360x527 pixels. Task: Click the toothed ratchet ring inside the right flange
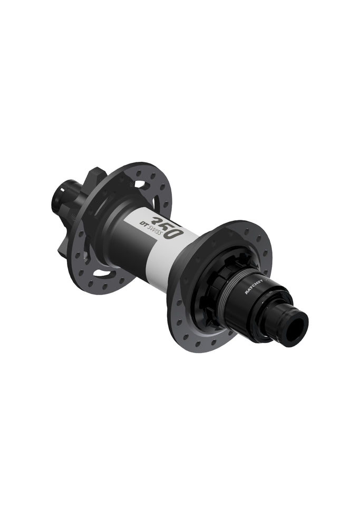[x=213, y=285]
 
